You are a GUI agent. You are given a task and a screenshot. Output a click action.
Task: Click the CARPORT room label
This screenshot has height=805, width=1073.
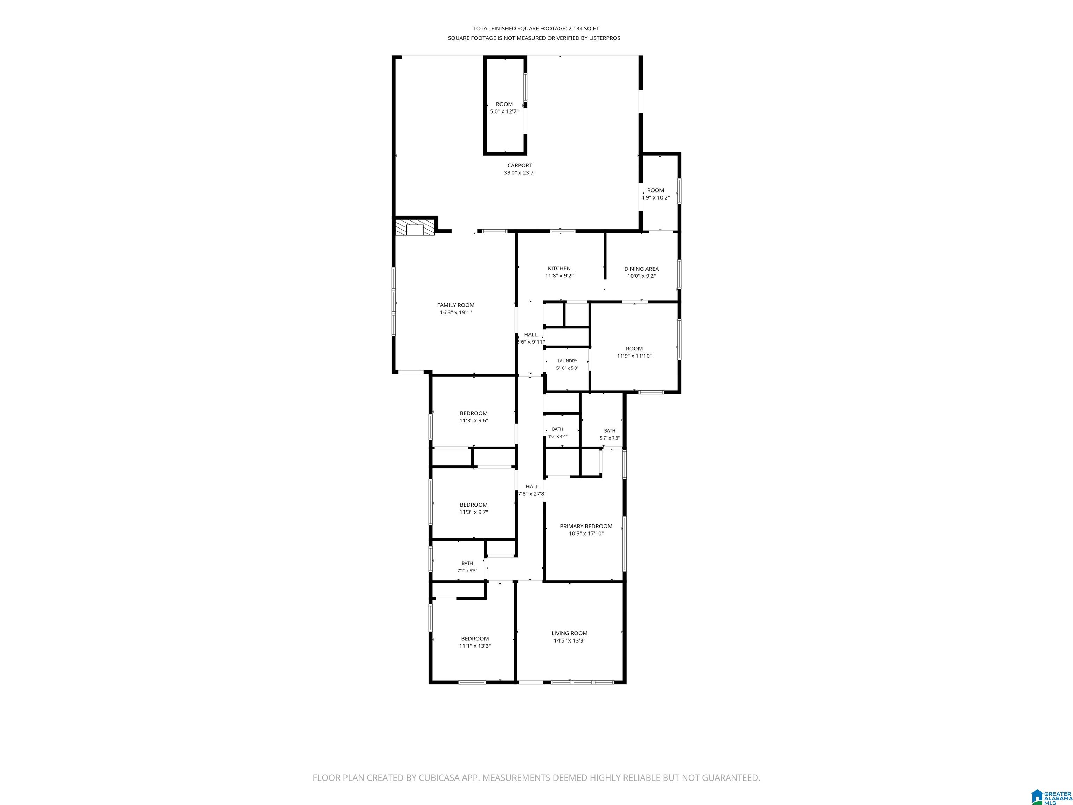[519, 166]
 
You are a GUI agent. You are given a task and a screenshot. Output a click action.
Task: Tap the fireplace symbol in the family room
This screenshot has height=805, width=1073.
[415, 228]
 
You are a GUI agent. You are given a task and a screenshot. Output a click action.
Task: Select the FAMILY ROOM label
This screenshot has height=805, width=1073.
[455, 305]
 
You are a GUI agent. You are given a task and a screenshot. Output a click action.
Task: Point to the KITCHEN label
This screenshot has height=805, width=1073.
[559, 268]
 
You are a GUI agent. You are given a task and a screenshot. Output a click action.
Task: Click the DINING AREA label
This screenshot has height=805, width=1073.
[641, 269]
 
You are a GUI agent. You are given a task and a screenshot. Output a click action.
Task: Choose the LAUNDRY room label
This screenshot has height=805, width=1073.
[567, 361]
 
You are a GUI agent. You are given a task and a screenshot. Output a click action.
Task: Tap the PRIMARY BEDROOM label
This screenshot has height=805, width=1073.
[586, 526]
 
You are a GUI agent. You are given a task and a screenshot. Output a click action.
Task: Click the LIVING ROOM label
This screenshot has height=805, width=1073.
[569, 633]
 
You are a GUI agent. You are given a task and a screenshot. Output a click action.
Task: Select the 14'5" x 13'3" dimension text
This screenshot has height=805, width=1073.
[569, 640]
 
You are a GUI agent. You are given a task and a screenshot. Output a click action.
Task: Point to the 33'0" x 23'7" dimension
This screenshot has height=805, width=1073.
[519, 173]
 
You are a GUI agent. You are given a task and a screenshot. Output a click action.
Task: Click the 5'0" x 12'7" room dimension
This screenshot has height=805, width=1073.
[504, 111]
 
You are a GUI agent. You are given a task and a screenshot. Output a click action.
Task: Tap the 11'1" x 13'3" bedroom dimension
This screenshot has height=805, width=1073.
[475, 646]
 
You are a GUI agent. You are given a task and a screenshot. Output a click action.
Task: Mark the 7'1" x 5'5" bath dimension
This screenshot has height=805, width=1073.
[467, 571]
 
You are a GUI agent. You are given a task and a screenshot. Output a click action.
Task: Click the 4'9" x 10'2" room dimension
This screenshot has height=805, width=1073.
[655, 197]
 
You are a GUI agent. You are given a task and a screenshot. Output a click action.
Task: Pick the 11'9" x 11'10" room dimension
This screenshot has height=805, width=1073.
[634, 356]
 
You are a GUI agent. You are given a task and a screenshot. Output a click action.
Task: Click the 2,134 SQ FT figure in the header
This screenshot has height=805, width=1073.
[584, 29]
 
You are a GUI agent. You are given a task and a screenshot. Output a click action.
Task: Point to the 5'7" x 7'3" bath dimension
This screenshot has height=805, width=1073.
[610, 438]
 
